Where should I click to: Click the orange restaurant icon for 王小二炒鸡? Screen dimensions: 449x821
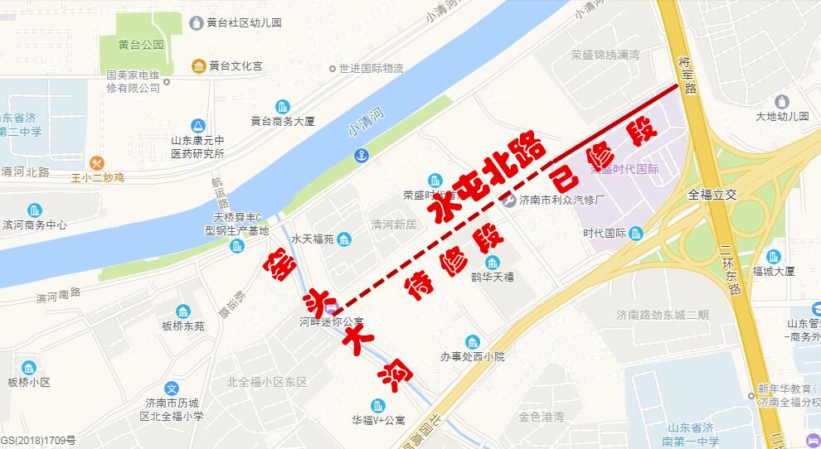pos(98,162)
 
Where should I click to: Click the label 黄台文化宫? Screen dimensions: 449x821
pos(235,65)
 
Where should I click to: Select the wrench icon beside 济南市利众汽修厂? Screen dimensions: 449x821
pos(508,200)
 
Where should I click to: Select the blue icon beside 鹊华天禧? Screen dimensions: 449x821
pos(492,263)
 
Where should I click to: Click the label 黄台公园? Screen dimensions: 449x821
pos(140,45)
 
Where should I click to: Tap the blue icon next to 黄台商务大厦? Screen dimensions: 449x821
pos(284,106)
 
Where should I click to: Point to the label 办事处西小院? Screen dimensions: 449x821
pos(473,357)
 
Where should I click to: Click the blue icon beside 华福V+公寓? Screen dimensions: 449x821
pos(378,405)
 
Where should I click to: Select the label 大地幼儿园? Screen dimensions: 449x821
pos(782,117)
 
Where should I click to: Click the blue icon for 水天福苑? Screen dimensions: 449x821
pos(345,240)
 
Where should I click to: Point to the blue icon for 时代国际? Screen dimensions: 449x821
pos(636,233)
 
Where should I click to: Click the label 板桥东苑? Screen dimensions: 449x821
pos(183,326)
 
